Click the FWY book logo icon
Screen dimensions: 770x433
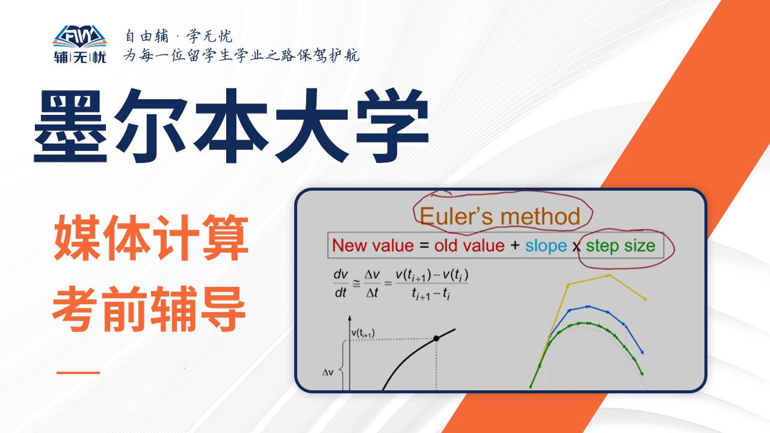click(x=80, y=37)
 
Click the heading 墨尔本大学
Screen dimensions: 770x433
click(x=232, y=126)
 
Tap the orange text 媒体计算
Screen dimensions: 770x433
click(x=151, y=238)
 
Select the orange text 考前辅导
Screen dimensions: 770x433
click(x=149, y=309)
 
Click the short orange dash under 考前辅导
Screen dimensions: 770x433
click(x=78, y=372)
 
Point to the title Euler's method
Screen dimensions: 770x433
click(x=500, y=216)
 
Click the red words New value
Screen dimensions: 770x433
click(x=373, y=246)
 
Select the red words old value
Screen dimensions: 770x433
click(x=470, y=246)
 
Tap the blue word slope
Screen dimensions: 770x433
click(x=546, y=247)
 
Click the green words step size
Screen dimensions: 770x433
click(x=620, y=247)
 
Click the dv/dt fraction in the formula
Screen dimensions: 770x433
click(x=340, y=283)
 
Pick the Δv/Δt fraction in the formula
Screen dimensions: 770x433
click(x=372, y=283)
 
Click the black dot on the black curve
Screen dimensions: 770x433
click(x=436, y=339)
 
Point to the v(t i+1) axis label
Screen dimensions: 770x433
click(x=363, y=333)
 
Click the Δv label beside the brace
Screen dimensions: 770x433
click(x=328, y=372)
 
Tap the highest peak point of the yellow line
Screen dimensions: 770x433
click(x=609, y=275)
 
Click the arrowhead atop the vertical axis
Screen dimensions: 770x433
click(x=350, y=318)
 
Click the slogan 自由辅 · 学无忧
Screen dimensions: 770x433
click(x=179, y=36)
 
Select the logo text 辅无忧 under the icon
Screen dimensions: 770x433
click(x=80, y=57)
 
